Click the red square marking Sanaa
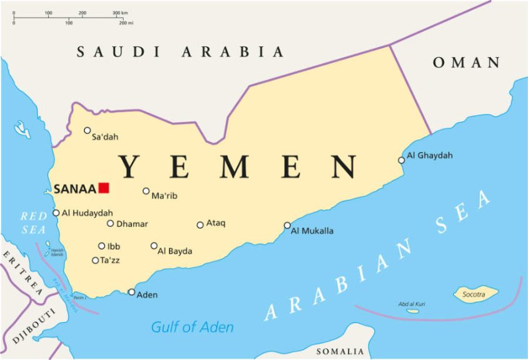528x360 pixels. tap(104, 188)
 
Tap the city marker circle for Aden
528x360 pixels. tap(131, 292)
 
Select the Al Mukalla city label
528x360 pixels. tap(312, 231)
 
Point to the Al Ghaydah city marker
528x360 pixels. tap(402, 160)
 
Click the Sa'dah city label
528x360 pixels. tap(105, 137)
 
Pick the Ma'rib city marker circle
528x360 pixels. tap(146, 191)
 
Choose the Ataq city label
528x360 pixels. tap(216, 224)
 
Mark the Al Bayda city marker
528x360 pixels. tap(154, 245)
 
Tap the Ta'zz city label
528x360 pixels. tap(109, 260)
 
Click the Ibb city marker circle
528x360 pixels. tap(101, 246)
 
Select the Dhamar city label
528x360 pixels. tap(132, 224)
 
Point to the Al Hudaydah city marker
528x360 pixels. tap(56, 213)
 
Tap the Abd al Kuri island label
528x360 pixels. tap(412, 304)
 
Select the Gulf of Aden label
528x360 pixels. tap(192, 327)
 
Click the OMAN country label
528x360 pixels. tap(467, 63)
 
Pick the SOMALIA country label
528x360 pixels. tap(340, 351)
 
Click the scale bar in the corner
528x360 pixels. tap(72, 18)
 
